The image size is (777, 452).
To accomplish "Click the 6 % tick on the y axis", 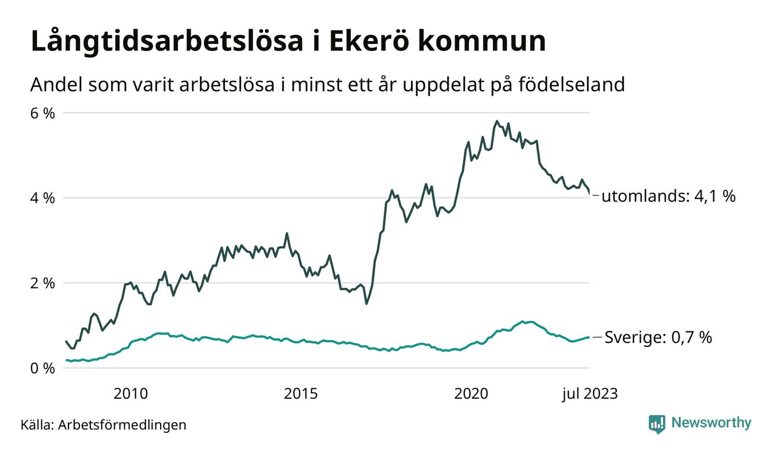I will [x=42, y=113].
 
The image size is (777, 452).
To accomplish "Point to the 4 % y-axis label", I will [x=42, y=198].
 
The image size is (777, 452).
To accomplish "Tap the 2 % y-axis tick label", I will [x=42, y=283].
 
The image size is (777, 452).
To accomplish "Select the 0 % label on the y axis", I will [x=42, y=369].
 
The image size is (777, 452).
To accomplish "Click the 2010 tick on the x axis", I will [x=130, y=394].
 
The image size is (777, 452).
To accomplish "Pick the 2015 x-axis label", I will [x=301, y=394].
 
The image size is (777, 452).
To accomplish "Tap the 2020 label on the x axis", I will [x=471, y=394].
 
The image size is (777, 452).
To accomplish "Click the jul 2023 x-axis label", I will [x=590, y=394].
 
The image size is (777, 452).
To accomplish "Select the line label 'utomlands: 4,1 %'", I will [x=668, y=196].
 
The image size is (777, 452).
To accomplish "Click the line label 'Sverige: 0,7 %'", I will [x=658, y=337].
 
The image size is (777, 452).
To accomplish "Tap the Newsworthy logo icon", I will [x=657, y=424].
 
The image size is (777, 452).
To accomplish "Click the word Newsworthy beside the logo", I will [x=711, y=423].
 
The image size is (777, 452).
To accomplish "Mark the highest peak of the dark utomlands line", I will [x=497, y=121].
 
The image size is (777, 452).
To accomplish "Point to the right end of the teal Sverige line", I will [x=589, y=337].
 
